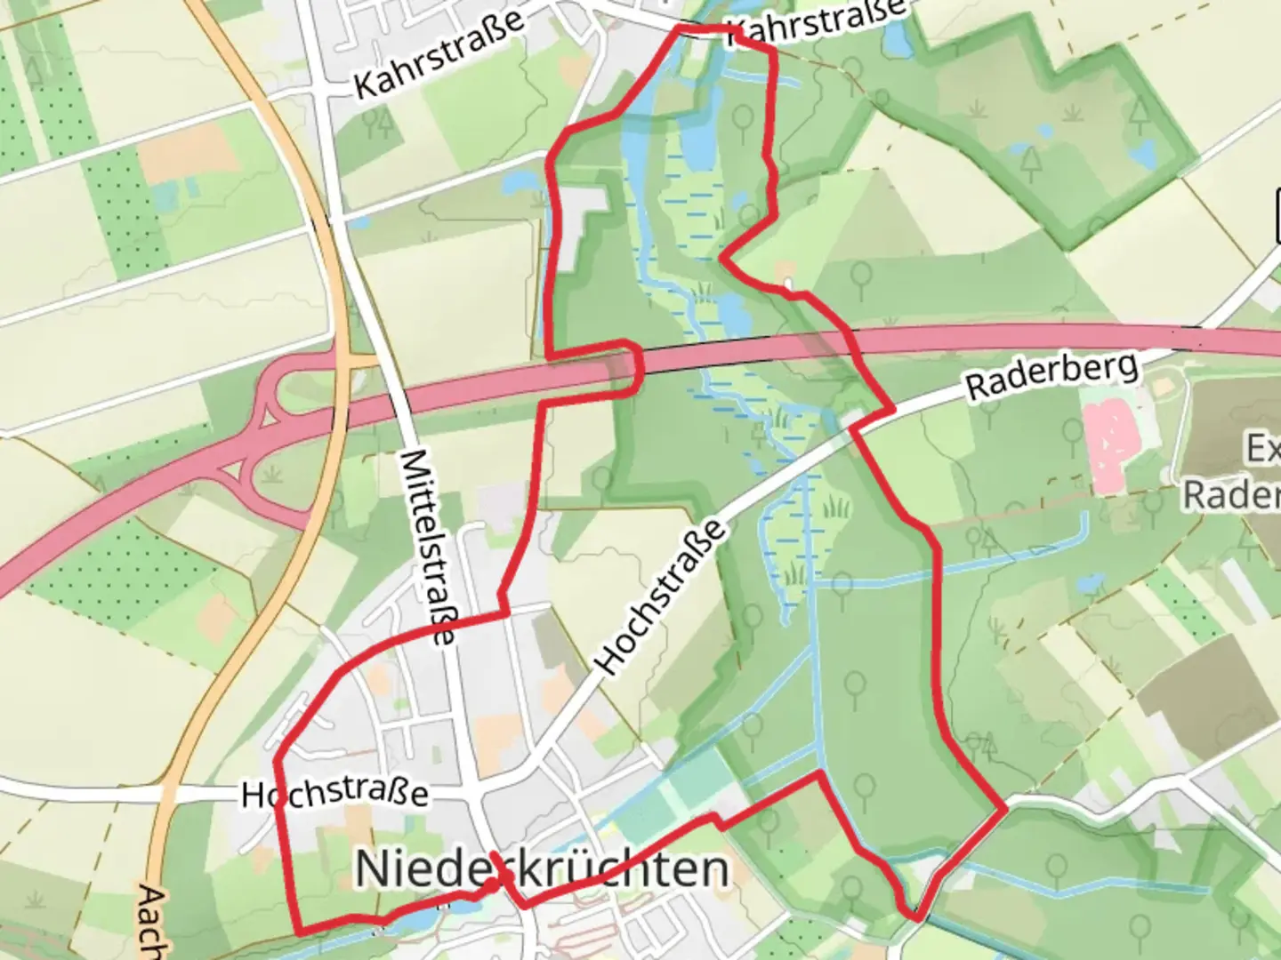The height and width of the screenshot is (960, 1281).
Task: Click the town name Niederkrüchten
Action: tap(542, 868)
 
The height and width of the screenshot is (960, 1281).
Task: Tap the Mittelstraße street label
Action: tap(428, 547)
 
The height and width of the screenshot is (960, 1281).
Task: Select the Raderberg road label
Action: tap(1052, 376)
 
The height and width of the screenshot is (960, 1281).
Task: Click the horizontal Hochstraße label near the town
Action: tap(335, 794)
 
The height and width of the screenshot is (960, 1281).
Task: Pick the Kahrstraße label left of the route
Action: tap(439, 56)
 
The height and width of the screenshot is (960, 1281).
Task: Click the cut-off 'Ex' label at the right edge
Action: tap(1264, 449)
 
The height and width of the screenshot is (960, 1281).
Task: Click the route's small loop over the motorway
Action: tap(626, 366)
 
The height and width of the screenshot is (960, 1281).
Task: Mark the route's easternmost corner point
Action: tap(1005, 810)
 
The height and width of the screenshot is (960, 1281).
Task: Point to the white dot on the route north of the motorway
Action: tap(789, 284)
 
